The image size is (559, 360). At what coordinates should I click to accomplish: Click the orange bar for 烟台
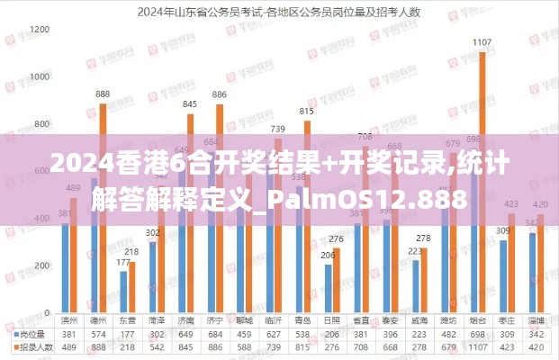[482, 180]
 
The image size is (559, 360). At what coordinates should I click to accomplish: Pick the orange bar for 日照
[337, 279]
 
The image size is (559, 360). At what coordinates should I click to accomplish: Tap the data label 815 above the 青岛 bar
[306, 112]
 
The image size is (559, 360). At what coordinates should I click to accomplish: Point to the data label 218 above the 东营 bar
[131, 252]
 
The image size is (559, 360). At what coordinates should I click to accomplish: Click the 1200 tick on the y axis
[39, 30]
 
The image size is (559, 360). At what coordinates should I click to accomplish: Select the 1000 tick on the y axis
[39, 77]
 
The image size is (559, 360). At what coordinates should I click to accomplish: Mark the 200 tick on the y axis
[41, 266]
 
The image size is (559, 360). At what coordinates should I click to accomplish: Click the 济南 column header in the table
[185, 321]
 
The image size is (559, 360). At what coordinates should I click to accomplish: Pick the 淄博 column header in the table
[536, 321]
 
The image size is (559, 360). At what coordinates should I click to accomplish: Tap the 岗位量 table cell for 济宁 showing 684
[214, 334]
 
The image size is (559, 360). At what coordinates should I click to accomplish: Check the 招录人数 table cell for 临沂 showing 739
[273, 346]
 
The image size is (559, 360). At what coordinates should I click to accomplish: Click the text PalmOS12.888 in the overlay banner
[389, 199]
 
